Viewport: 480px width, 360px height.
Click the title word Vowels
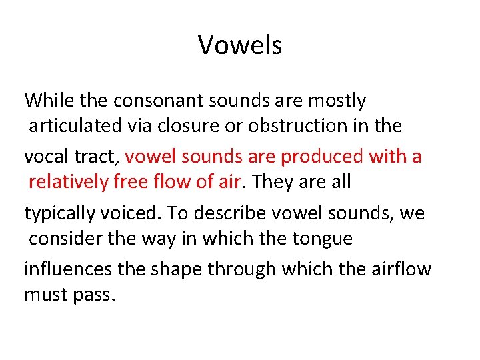tap(240, 45)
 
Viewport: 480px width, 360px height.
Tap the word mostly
tap(336, 101)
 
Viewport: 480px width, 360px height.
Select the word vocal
tap(45, 157)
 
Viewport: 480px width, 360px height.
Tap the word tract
tap(95, 157)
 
